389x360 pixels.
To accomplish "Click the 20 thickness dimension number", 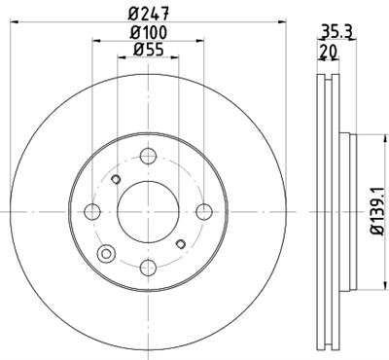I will (329, 51).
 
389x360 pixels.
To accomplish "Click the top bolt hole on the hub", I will (148, 156).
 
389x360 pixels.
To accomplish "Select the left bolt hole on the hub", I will (92, 212).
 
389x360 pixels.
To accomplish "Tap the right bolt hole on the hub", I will (203, 212).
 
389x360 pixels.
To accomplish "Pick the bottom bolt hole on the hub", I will (148, 268).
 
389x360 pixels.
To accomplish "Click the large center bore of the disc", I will (148, 212).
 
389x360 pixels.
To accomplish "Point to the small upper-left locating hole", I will (116, 179).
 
